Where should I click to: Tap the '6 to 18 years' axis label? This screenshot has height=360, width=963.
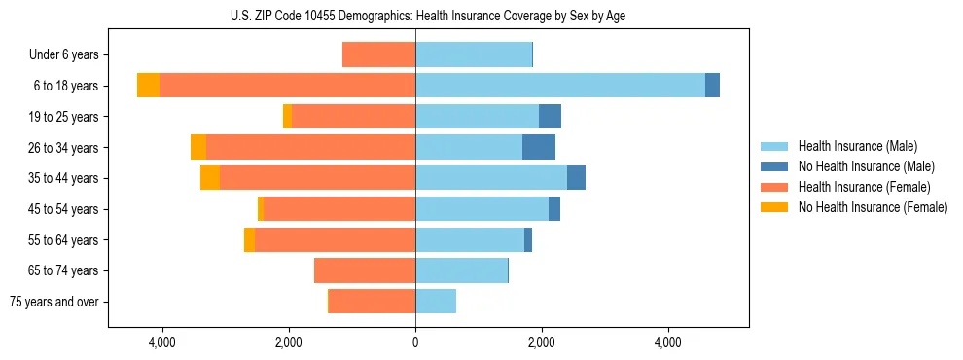66,86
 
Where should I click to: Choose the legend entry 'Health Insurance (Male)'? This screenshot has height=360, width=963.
856,146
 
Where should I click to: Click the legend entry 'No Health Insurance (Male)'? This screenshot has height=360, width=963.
866,166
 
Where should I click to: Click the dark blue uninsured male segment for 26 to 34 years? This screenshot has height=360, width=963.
539,147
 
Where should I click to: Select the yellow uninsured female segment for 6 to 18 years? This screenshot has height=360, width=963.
148,86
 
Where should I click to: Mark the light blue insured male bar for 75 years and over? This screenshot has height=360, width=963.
436,302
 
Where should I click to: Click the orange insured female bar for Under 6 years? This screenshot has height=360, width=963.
378,55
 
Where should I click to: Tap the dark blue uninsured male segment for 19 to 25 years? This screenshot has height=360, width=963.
550,117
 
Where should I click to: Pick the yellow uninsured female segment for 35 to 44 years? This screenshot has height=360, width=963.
210,178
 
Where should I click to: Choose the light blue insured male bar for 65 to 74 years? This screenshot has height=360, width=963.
461,270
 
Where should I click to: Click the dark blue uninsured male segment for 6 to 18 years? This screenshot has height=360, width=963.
712,86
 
